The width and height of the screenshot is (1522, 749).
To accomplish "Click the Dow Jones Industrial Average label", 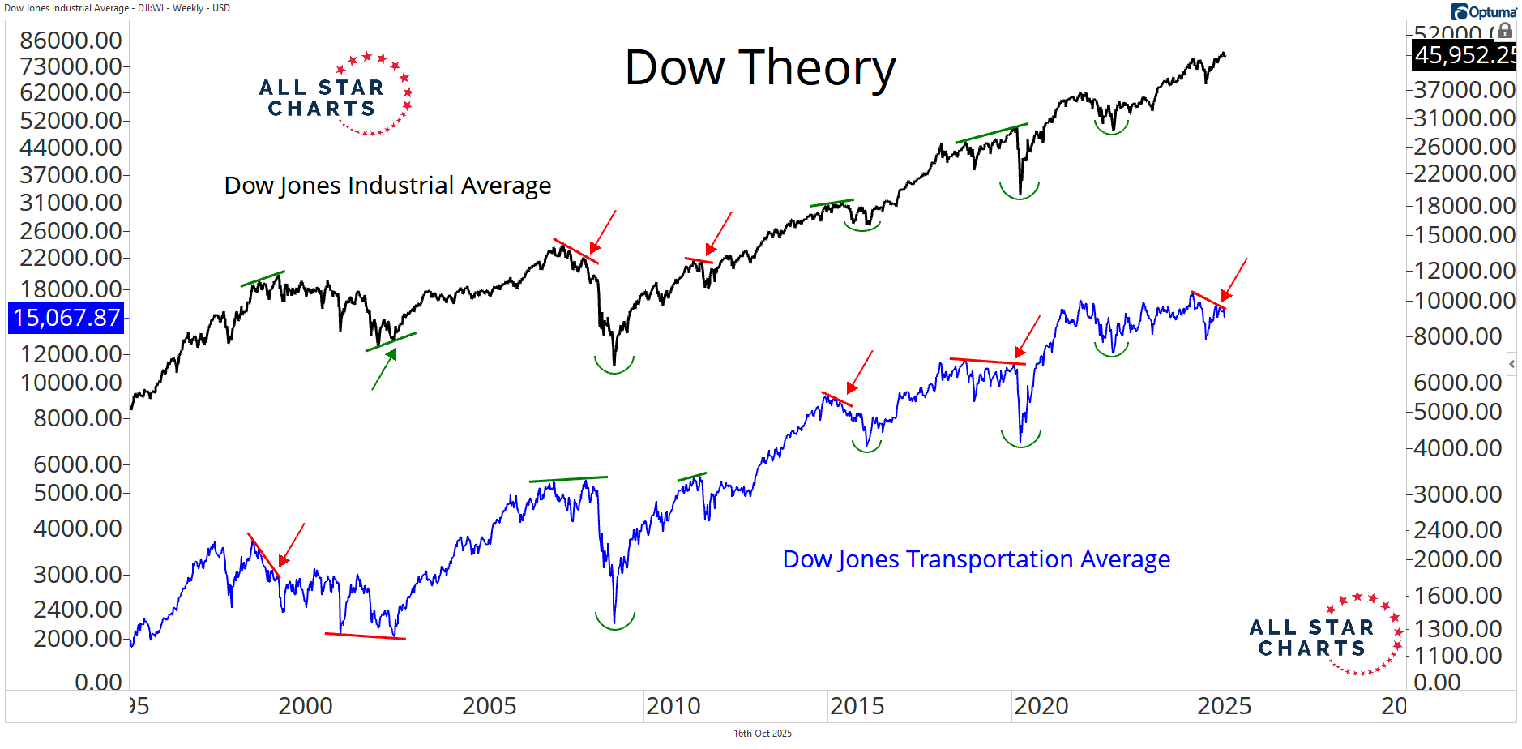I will click(387, 186).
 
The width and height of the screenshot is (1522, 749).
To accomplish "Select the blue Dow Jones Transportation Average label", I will click(976, 559).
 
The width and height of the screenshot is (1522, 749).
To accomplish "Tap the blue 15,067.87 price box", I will click(66, 318).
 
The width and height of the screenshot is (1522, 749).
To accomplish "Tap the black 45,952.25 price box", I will click(1464, 55).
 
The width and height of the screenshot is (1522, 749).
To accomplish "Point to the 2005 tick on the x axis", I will click(489, 706).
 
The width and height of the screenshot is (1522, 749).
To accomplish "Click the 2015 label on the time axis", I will click(857, 706).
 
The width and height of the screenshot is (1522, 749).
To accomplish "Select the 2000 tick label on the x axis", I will click(305, 706).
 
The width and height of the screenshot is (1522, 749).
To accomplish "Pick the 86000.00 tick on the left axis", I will click(71, 40).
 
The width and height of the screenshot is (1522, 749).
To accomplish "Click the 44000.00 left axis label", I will click(71, 148).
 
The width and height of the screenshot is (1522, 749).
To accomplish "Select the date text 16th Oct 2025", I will click(762, 734).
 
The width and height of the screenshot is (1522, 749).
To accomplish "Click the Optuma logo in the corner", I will click(1483, 11).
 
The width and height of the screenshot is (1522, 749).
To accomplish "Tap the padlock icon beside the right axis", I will click(1504, 31).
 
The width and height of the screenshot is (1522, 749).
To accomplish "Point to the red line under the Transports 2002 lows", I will click(365, 636).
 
